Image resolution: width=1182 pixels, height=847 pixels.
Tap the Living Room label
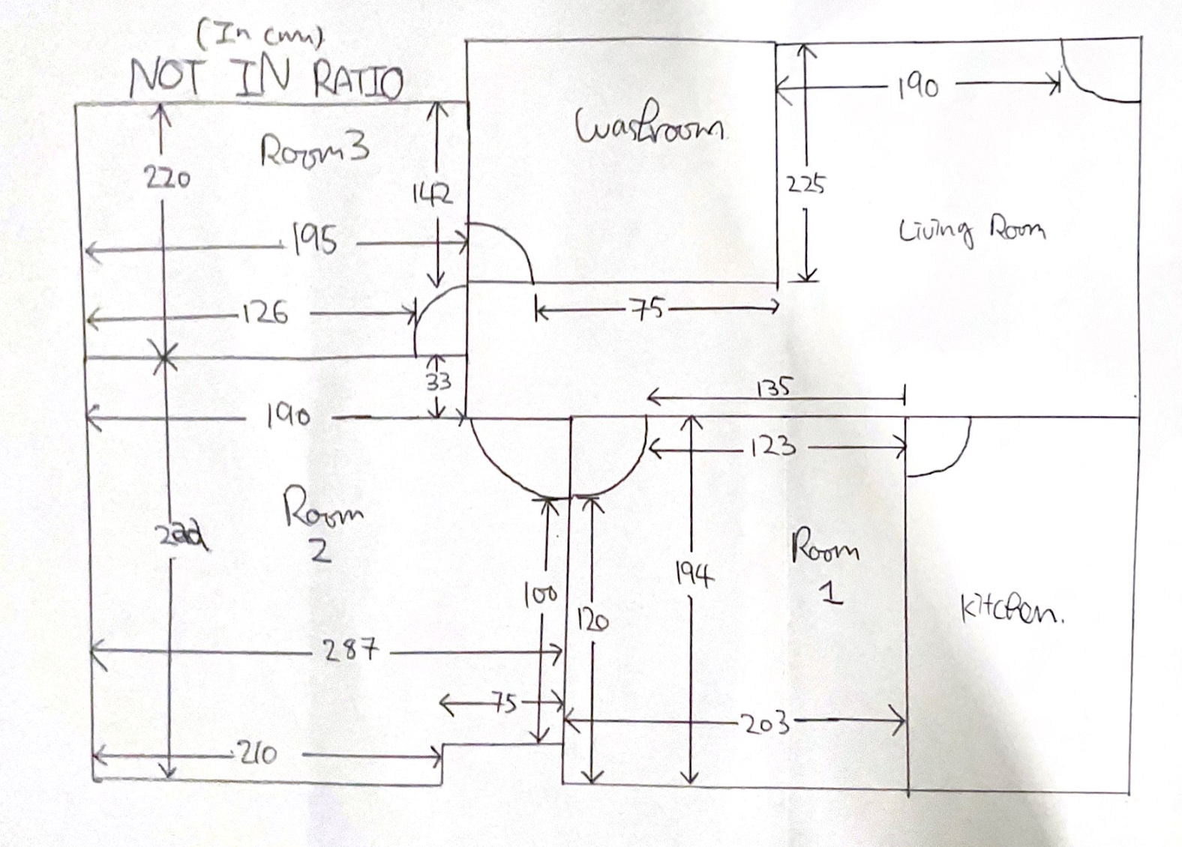pyautogui.click(x=971, y=229)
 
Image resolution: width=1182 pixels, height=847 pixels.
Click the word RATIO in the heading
pyautogui.click(x=358, y=81)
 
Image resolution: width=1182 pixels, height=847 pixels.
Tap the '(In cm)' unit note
pyautogui.click(x=259, y=34)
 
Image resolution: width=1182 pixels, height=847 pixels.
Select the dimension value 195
pyautogui.click(x=314, y=241)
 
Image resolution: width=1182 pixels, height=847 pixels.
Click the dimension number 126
pyautogui.click(x=265, y=313)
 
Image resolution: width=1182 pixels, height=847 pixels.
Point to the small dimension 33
pyautogui.click(x=439, y=382)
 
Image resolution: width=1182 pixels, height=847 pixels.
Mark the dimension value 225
pyautogui.click(x=805, y=184)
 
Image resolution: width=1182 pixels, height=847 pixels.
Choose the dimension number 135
pyautogui.click(x=773, y=388)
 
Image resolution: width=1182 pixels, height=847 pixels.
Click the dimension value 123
pyautogui.click(x=772, y=447)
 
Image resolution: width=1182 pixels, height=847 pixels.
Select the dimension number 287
pyautogui.click(x=350, y=649)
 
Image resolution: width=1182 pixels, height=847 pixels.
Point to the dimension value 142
pyautogui.click(x=432, y=195)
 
